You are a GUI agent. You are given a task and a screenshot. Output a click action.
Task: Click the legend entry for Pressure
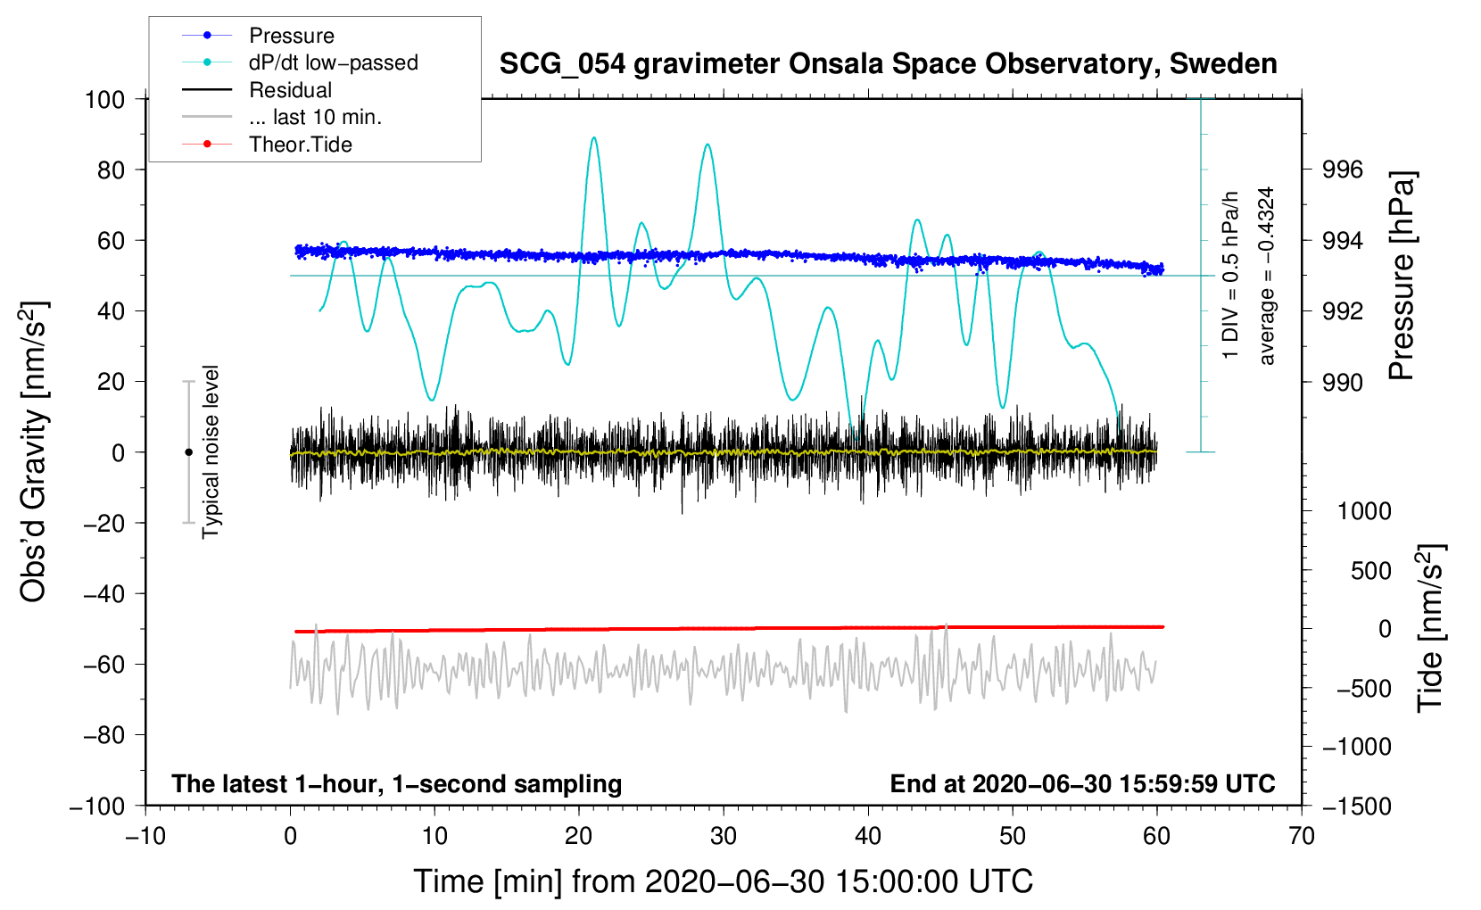(x=292, y=35)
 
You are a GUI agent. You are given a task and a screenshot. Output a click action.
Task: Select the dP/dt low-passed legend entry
(x=334, y=62)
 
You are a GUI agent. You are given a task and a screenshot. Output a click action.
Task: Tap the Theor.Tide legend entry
(x=300, y=145)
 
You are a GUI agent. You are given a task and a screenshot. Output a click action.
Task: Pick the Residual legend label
(x=290, y=90)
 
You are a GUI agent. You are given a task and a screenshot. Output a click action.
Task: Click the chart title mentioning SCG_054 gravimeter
(x=888, y=64)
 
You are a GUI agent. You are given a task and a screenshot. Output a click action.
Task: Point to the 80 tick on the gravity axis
(x=111, y=170)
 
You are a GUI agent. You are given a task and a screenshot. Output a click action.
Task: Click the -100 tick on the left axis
(x=97, y=807)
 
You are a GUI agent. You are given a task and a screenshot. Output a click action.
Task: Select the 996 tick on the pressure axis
(x=1342, y=170)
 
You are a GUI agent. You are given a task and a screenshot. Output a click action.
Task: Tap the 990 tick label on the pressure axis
(x=1342, y=382)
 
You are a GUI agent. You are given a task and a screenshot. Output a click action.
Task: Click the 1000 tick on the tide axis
(x=1364, y=511)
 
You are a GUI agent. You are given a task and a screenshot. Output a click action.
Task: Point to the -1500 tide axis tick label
(x=1357, y=807)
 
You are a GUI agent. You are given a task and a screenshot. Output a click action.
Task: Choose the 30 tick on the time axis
(x=724, y=837)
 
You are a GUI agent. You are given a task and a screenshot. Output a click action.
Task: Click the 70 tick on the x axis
(x=1301, y=837)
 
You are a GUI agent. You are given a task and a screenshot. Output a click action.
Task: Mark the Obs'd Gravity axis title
(x=34, y=451)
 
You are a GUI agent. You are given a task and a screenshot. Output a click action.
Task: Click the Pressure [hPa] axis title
(x=1402, y=276)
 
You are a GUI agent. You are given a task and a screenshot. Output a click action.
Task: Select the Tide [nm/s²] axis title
(x=1431, y=628)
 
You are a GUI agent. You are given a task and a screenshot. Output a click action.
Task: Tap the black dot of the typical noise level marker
(x=188, y=452)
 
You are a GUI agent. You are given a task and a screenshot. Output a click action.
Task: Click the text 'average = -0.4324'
(x=1266, y=276)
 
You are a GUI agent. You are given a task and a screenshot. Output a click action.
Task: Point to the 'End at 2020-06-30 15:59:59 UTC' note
(x=1082, y=783)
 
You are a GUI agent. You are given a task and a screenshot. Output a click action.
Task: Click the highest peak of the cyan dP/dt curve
(x=593, y=137)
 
